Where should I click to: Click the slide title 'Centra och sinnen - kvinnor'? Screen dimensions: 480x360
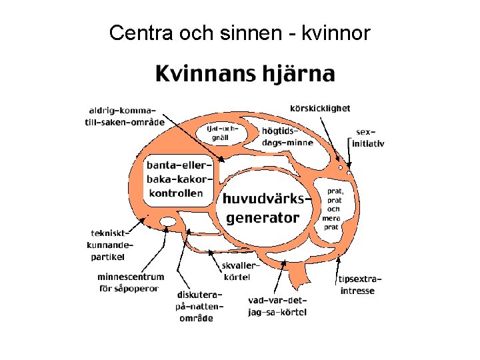pyautogui.click(x=239, y=31)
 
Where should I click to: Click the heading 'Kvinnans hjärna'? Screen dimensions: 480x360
pyautogui.click(x=245, y=73)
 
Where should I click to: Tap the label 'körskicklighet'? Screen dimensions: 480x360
pyautogui.click(x=320, y=108)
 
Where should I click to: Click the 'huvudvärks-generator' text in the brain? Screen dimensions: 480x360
pyautogui.click(x=266, y=207)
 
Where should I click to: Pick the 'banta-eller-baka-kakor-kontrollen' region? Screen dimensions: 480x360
pyautogui.click(x=176, y=179)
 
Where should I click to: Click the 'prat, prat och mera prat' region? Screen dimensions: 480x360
pyautogui.click(x=331, y=209)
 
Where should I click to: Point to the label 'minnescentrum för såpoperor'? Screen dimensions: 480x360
pyautogui.click(x=131, y=282)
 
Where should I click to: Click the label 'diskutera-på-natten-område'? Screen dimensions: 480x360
pyautogui.click(x=199, y=306)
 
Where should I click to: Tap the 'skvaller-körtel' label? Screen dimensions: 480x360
pyautogui.click(x=238, y=271)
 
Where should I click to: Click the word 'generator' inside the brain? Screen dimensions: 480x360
pyautogui.click(x=263, y=217)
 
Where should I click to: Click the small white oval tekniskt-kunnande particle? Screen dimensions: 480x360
pyautogui.click(x=169, y=221)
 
